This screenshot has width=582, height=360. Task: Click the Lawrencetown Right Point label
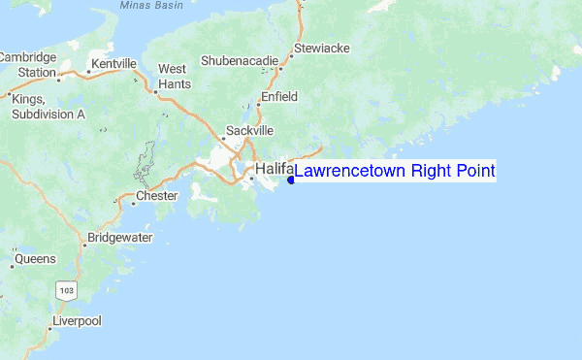click(x=395, y=172)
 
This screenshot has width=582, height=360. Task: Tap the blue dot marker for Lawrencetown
click(x=291, y=179)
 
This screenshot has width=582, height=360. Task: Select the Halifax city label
click(x=275, y=170)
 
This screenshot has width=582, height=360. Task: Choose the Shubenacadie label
click(x=239, y=60)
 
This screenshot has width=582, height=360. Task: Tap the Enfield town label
click(x=278, y=98)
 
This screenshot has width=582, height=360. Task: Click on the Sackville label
click(x=250, y=130)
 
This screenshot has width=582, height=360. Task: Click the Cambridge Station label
click(x=28, y=65)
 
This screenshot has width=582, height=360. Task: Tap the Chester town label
click(x=157, y=196)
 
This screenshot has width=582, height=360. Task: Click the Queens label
click(x=35, y=259)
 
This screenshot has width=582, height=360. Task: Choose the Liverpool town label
click(x=77, y=320)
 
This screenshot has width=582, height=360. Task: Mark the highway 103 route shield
click(x=66, y=289)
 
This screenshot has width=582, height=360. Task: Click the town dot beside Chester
click(x=133, y=203)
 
